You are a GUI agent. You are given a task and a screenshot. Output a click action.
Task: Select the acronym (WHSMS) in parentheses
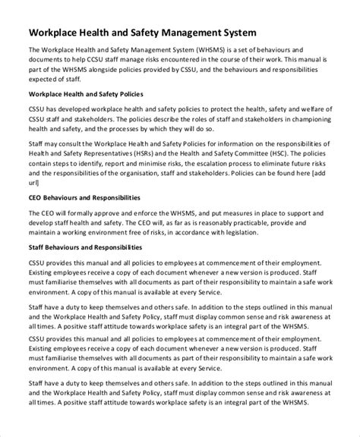coord(216,50)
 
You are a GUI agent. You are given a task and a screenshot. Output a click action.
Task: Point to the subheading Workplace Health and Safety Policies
coord(87,94)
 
